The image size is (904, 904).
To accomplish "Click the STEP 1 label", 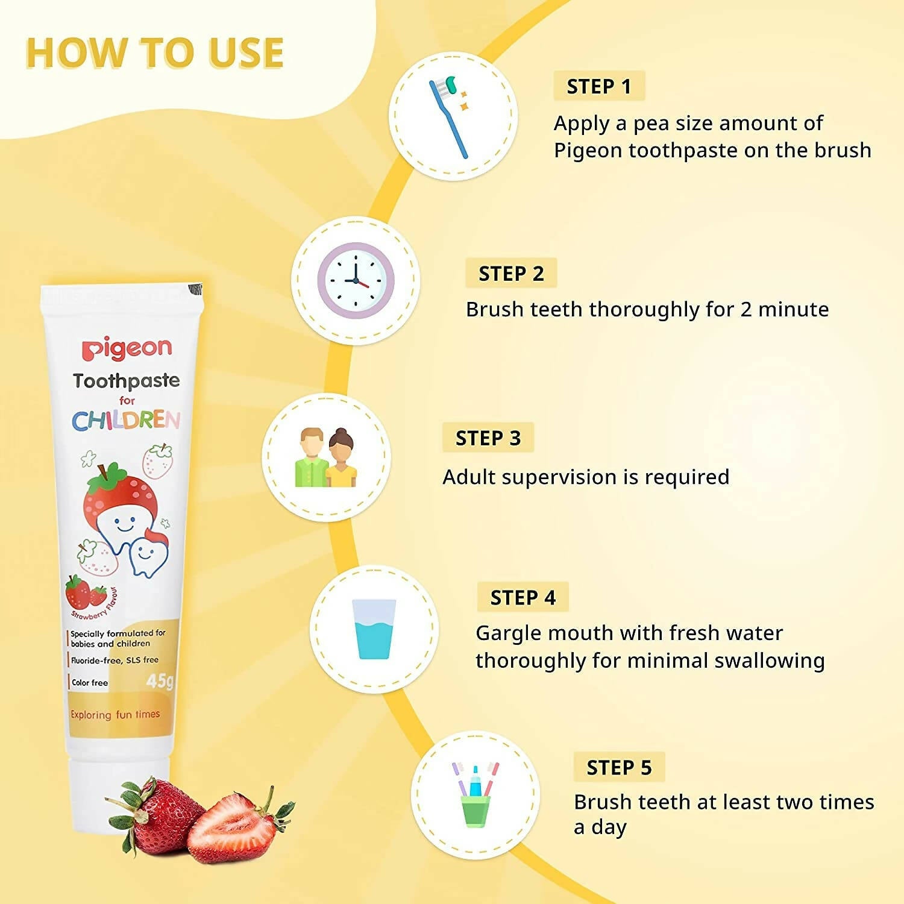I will tap(598, 86).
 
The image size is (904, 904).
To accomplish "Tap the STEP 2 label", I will tap(511, 274).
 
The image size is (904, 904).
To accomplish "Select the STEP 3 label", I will tap(488, 438).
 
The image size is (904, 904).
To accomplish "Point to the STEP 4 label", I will tap(523, 597).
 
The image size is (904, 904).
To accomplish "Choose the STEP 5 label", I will tap(619, 767).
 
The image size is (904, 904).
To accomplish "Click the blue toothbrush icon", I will tap(449, 118).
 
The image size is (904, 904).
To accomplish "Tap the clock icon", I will tap(356, 281).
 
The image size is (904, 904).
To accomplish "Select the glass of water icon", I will tap(374, 629).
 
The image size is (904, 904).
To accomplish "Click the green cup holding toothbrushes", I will tap(475, 811).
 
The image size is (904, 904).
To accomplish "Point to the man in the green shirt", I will tap(311, 458).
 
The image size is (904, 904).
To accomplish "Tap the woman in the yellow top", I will tap(342, 459).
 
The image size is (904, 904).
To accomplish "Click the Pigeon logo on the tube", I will tap(127, 348).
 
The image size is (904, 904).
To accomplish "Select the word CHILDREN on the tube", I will tap(126, 420).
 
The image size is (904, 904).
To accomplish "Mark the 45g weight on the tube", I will tap(160, 681).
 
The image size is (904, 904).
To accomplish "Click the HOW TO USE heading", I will tap(155, 53).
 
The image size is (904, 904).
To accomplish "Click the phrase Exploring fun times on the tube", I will tap(115, 715).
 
